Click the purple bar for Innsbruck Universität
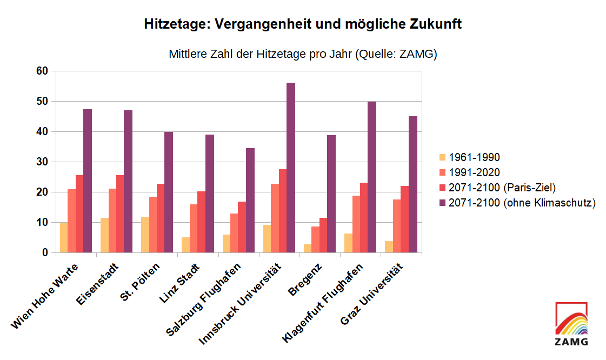point(291,168)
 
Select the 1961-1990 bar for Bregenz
point(307,249)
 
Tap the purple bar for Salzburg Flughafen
point(250,200)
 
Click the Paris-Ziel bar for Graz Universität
point(405,219)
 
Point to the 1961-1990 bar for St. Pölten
point(145,235)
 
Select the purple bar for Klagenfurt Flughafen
point(372,177)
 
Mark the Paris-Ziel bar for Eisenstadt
point(120,214)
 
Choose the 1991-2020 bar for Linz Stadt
point(194,228)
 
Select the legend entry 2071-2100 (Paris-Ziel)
point(502,188)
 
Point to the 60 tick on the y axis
point(42,71)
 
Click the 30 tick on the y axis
point(42,162)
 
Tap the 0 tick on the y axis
point(45,252)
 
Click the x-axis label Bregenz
point(306,278)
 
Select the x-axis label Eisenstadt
point(99,284)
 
